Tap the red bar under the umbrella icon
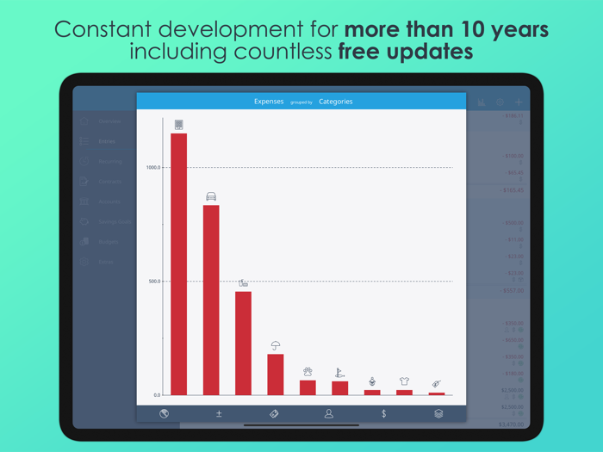(276, 375)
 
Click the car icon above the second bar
(211, 196)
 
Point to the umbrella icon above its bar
(276, 345)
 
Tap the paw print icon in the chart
(308, 372)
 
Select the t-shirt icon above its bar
(404, 381)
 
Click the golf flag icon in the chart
(339, 373)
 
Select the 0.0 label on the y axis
(156, 395)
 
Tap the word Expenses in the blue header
(269, 102)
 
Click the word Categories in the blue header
(335, 102)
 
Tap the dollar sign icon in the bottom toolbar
(383, 413)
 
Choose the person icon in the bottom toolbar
(328, 413)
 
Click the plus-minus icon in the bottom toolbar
(219, 413)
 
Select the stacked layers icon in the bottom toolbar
(438, 413)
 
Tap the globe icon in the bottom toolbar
(164, 413)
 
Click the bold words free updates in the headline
(405, 52)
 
